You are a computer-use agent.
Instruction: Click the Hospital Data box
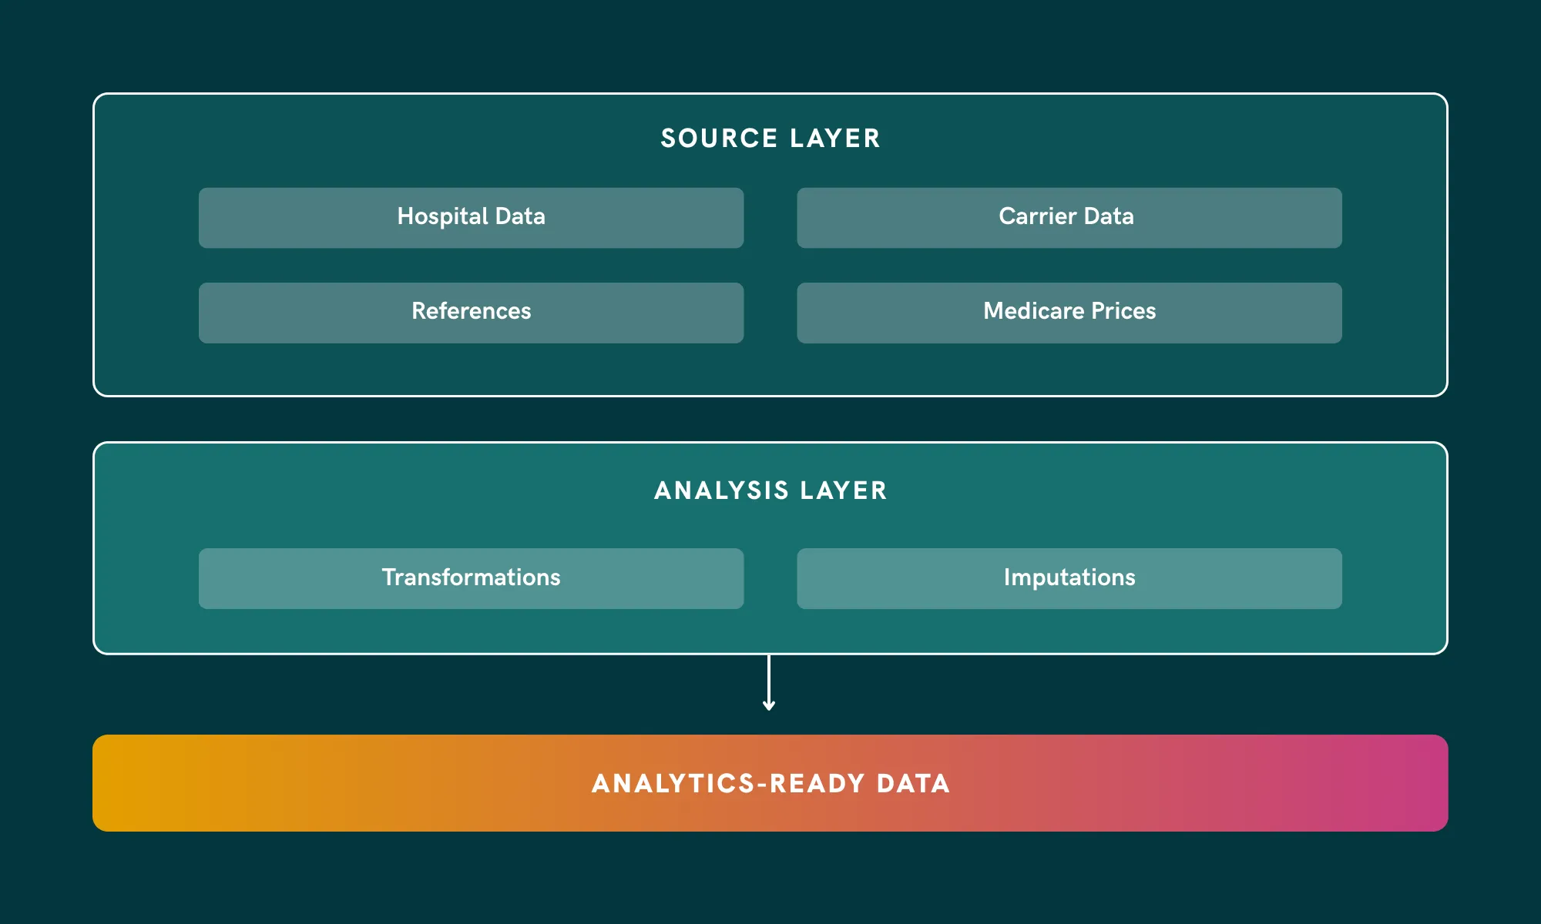pyautogui.click(x=471, y=218)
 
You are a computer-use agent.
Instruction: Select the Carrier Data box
pyautogui.click(x=1069, y=218)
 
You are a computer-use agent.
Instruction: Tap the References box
pyautogui.click(x=471, y=313)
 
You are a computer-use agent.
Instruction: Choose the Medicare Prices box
pyautogui.click(x=1069, y=313)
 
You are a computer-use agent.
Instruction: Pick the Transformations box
pyautogui.click(x=471, y=578)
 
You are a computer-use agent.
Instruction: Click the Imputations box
pyautogui.click(x=1069, y=578)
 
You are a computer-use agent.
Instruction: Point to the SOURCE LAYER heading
pyautogui.click(x=770, y=139)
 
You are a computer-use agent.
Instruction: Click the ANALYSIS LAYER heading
pyautogui.click(x=770, y=490)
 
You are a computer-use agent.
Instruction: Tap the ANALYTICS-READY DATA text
pyautogui.click(x=770, y=784)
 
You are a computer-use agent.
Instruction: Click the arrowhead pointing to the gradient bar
pyautogui.click(x=768, y=705)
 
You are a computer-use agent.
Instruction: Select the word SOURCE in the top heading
pyautogui.click(x=719, y=139)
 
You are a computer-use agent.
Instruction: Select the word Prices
pyautogui.click(x=1123, y=311)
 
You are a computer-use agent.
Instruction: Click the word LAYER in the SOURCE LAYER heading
pyautogui.click(x=834, y=139)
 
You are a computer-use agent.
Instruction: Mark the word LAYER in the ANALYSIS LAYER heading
pyautogui.click(x=844, y=490)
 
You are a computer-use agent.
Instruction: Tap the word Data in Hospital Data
pyautogui.click(x=520, y=216)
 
